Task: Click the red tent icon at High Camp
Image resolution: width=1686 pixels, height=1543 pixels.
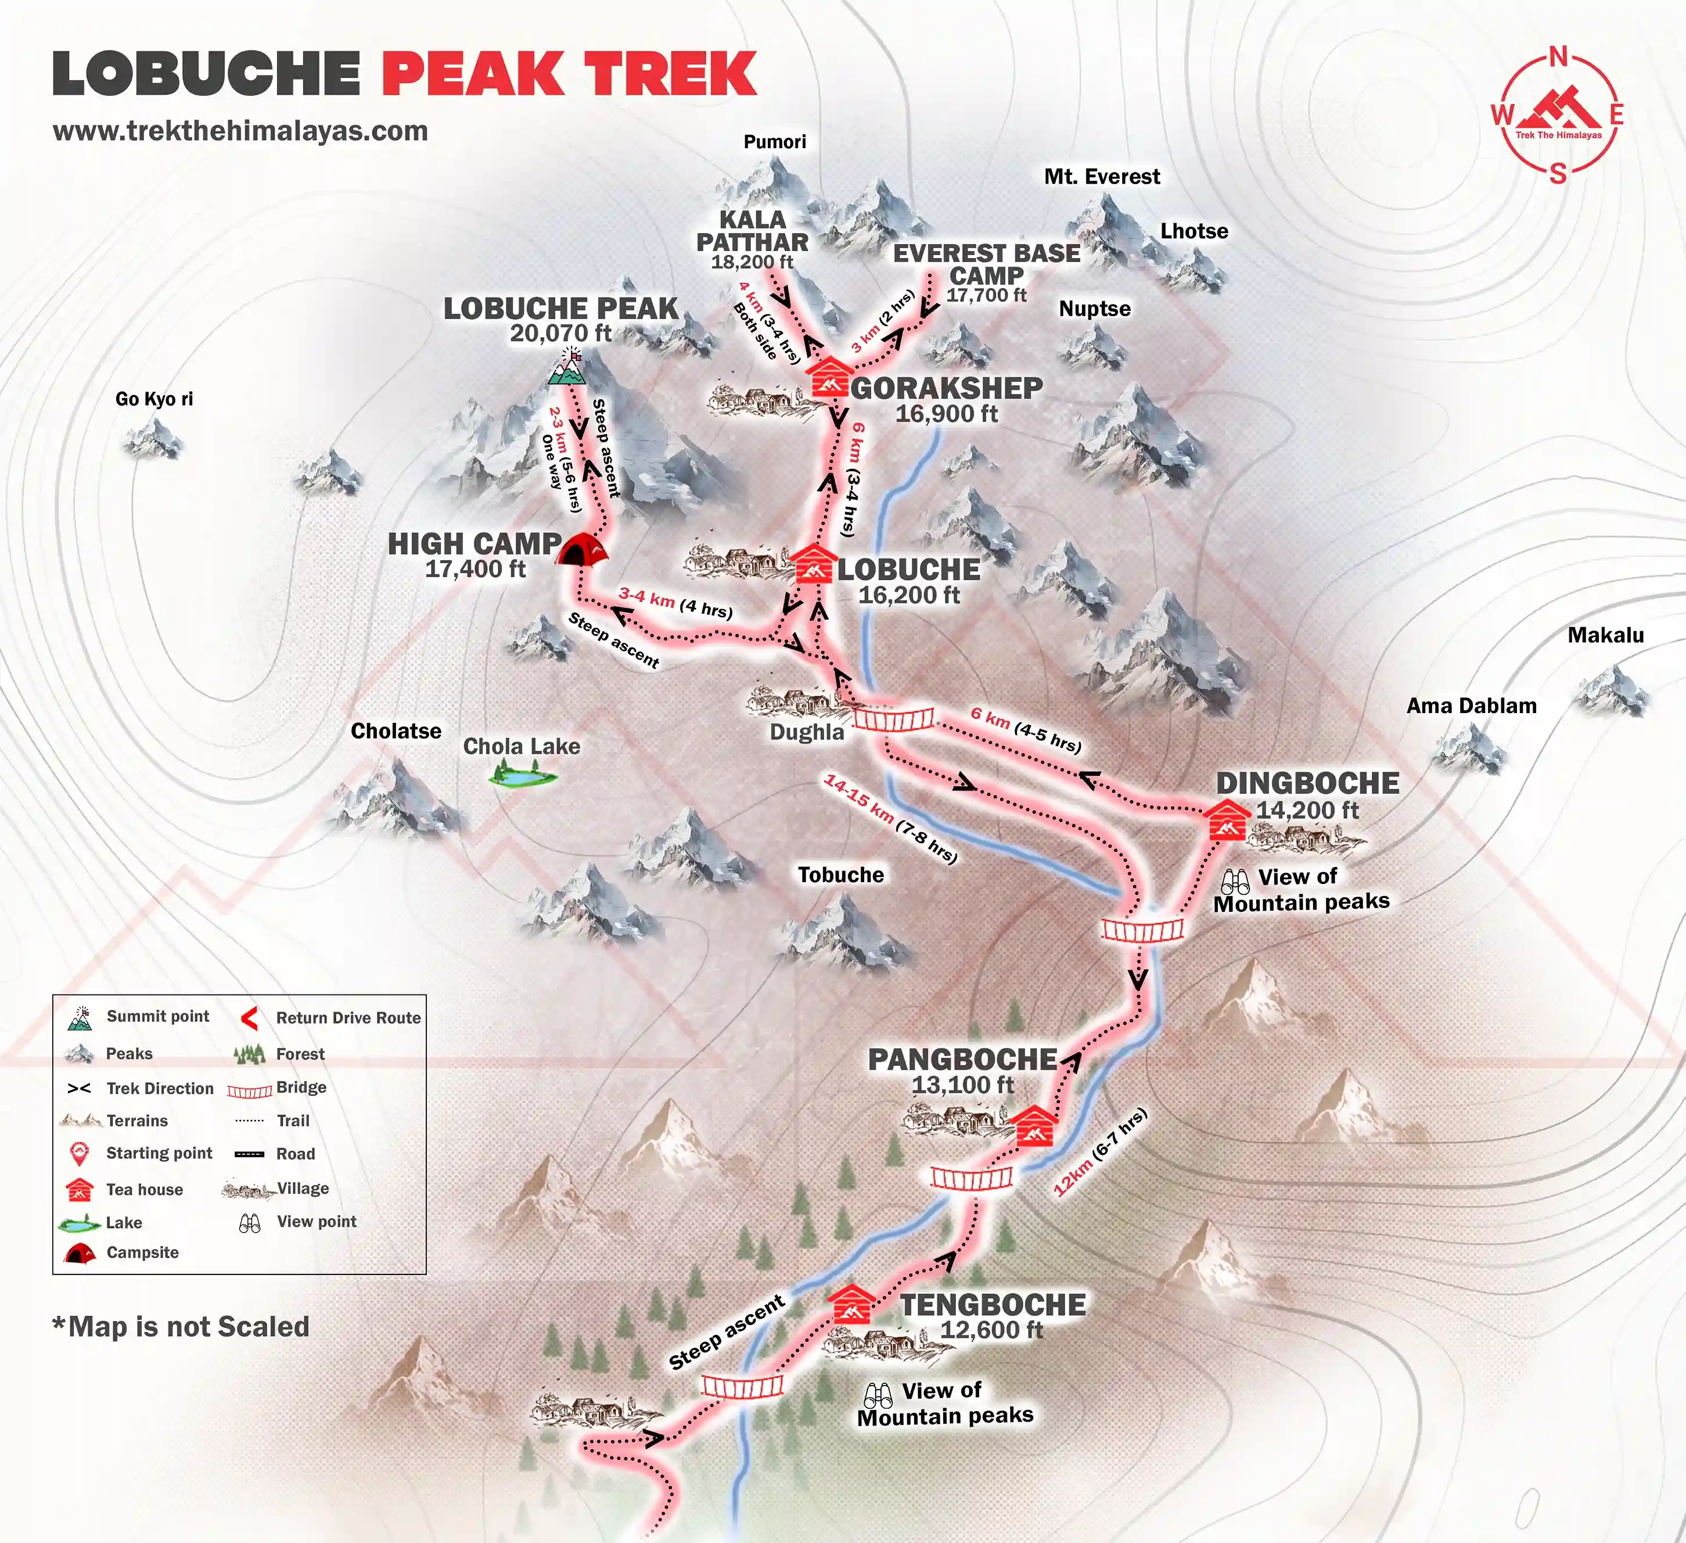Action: [583, 550]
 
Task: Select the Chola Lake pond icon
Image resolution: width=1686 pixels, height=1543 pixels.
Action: [523, 778]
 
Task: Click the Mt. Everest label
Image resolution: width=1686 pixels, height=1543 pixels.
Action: [1101, 177]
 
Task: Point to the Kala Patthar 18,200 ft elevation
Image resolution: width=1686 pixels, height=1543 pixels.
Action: [752, 262]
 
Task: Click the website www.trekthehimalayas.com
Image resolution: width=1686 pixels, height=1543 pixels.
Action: [240, 131]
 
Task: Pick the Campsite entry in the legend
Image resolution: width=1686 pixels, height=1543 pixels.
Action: [142, 1252]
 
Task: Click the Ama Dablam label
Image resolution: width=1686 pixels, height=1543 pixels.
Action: [1471, 706]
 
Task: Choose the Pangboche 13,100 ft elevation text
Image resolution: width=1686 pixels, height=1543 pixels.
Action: [962, 1085]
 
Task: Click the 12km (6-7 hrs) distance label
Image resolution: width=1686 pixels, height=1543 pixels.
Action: [1099, 1152]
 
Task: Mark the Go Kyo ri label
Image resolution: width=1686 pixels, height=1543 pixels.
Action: [154, 399]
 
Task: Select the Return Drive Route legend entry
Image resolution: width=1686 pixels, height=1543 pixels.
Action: [348, 1018]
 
